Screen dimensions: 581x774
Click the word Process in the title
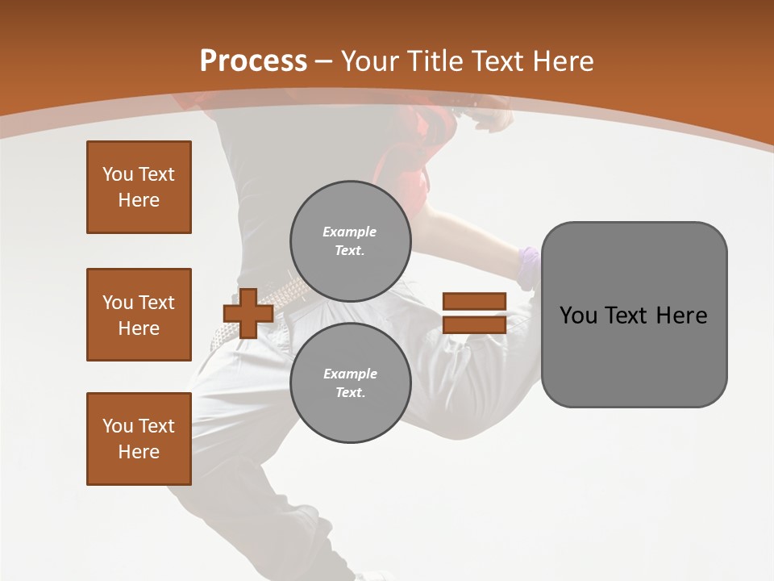(x=253, y=61)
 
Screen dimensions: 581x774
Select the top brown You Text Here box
(x=139, y=187)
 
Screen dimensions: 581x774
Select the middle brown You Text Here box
(x=139, y=315)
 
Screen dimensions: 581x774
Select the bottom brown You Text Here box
(x=139, y=439)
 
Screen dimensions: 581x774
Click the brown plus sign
(x=248, y=313)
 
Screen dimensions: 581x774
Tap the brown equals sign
(x=474, y=313)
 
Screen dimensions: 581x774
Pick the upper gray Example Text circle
(x=351, y=240)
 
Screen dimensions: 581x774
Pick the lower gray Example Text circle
(x=351, y=382)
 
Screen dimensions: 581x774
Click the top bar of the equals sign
(x=474, y=302)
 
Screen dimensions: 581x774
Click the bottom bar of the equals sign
(x=474, y=324)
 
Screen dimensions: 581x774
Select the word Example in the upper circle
(x=350, y=232)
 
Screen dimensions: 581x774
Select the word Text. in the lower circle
(x=351, y=392)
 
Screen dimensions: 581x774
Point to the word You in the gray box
(x=578, y=316)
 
